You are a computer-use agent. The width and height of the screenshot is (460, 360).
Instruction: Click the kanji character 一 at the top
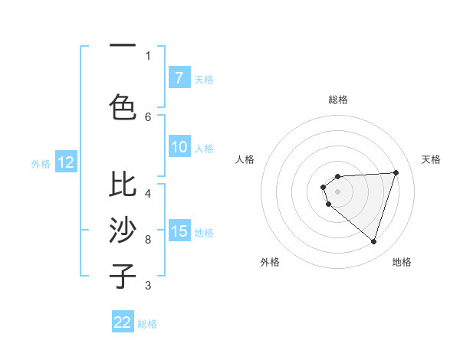point(123,47)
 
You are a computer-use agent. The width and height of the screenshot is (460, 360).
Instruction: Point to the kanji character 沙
point(123,230)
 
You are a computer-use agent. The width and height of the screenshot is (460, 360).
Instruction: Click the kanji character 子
point(123,276)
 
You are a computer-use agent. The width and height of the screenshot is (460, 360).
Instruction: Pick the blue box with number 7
point(179,78)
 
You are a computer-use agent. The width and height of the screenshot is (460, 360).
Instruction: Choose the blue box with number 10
point(179,148)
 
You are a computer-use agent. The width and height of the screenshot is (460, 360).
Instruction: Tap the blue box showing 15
point(179,231)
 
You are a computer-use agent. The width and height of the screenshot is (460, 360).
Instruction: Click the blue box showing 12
point(66,162)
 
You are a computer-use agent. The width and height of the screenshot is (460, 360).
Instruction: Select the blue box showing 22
point(123,322)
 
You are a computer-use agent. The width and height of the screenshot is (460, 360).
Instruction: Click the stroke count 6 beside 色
point(148,116)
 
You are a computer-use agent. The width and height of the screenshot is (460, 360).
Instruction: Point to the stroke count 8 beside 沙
point(148,239)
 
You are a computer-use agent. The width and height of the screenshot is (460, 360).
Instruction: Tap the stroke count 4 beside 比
point(148,193)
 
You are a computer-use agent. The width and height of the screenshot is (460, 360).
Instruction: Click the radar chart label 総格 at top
point(337,100)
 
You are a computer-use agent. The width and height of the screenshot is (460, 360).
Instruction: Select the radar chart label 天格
point(431,159)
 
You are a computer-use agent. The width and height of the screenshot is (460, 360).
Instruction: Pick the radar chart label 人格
point(245,159)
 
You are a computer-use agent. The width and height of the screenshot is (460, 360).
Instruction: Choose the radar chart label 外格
point(269,262)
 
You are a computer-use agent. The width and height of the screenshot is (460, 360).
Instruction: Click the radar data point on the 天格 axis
point(396,172)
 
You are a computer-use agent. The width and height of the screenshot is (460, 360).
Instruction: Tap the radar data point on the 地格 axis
point(373,241)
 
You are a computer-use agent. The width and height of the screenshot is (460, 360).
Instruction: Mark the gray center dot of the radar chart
point(337,191)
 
